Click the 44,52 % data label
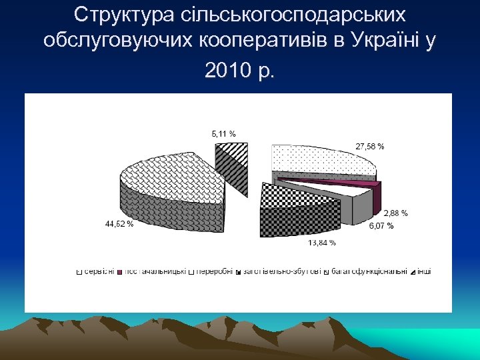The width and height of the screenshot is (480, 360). (119, 224)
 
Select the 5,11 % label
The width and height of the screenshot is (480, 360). (223, 134)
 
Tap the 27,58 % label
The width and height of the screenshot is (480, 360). (370, 146)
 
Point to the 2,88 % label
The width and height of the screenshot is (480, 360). (395, 213)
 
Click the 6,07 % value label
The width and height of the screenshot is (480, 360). (381, 226)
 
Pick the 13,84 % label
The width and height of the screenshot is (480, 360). (321, 243)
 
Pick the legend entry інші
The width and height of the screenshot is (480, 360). (424, 271)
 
